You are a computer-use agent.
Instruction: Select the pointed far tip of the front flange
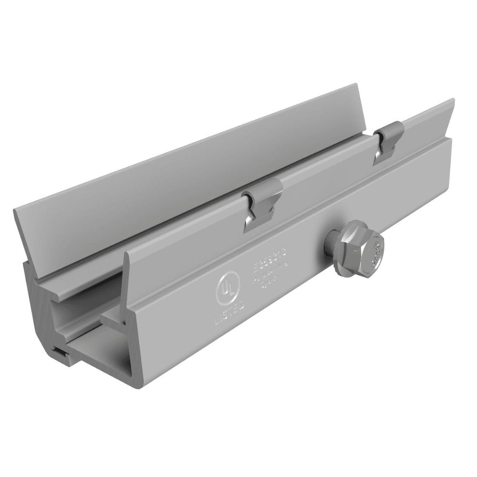coord(450,103)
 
